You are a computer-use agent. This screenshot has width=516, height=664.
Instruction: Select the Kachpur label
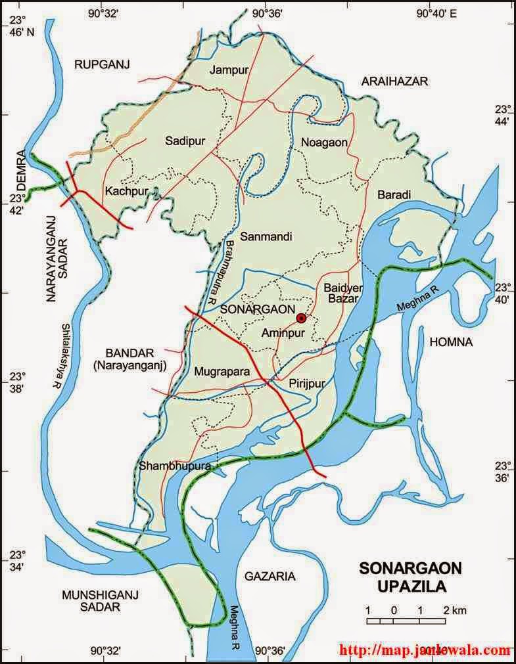(x=126, y=191)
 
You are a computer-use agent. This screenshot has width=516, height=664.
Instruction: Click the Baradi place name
(x=394, y=195)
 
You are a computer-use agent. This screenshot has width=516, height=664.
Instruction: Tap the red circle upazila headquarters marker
(x=301, y=318)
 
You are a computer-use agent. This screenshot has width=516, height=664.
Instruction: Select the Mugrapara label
(x=222, y=372)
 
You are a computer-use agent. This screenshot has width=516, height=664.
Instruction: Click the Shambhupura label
(x=174, y=466)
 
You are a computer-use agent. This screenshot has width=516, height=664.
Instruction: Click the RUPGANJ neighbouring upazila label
(x=103, y=64)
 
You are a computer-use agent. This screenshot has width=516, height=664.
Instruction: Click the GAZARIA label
(x=269, y=576)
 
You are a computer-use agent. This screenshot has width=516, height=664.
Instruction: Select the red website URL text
(x=424, y=650)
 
